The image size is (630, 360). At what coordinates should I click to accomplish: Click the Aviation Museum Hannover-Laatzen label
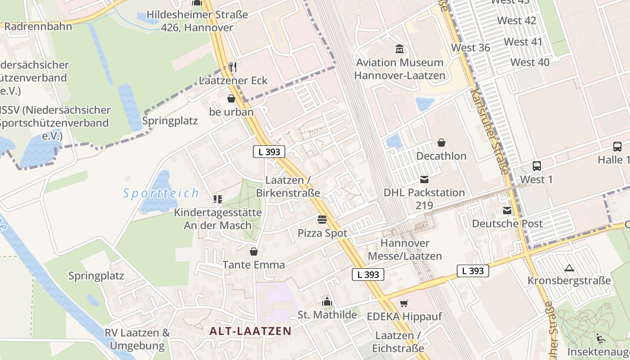pos(400,69)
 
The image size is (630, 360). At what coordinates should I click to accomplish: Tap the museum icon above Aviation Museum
pos(399,49)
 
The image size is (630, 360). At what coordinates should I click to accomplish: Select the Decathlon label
pos(441,156)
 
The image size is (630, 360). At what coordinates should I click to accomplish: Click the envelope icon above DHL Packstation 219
pos(424,180)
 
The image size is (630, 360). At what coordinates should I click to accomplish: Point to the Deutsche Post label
pos(507,224)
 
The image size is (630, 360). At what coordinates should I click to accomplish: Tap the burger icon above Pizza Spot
pos(322,220)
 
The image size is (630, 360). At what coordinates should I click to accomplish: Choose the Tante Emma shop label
pos(254,265)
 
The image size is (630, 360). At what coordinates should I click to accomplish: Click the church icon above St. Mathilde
pos(327,301)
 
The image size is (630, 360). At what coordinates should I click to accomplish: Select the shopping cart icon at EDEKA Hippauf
pos(404,303)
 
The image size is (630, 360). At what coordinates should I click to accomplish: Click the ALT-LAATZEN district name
pos(250,331)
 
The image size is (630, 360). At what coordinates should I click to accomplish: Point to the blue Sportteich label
pos(161,193)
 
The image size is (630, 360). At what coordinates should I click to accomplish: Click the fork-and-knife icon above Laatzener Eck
pos(233,67)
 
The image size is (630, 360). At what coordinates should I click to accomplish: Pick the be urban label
pos(231,112)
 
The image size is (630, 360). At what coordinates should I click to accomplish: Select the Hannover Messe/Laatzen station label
pos(405,250)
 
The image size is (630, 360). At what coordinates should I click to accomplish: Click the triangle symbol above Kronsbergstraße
pos(569,268)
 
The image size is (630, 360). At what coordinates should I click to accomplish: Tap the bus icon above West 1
pos(536,166)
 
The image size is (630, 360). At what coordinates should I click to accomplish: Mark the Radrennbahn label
pos(38,27)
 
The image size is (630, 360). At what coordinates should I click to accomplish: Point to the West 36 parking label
pos(470,48)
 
